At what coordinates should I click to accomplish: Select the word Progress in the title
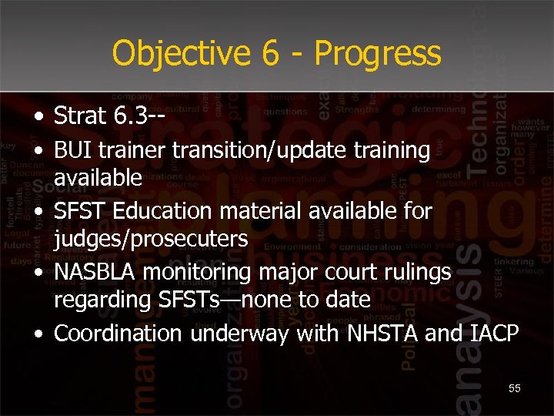pyautogui.click(x=378, y=53)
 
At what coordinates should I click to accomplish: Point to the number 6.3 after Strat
pyautogui.click(x=126, y=116)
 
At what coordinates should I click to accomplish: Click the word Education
pyautogui.click(x=154, y=211)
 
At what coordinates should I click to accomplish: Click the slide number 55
pyautogui.click(x=514, y=388)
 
